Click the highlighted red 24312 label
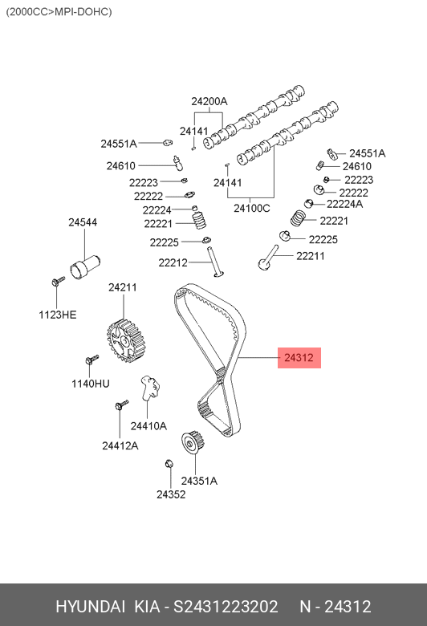click(299, 357)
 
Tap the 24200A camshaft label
click(209, 101)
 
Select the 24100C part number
click(252, 208)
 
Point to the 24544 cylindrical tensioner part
click(85, 267)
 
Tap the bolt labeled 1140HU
click(91, 360)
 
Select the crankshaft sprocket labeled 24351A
click(193, 442)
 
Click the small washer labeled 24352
click(169, 464)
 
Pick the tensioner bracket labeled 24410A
click(150, 388)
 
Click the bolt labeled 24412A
click(122, 404)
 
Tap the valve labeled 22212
click(215, 262)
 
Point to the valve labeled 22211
click(268, 258)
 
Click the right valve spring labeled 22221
click(299, 218)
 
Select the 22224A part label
click(344, 204)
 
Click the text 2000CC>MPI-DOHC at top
click(59, 11)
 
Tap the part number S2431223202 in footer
click(226, 607)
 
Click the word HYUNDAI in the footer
click(90, 607)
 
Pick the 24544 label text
click(83, 222)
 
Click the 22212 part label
click(173, 262)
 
